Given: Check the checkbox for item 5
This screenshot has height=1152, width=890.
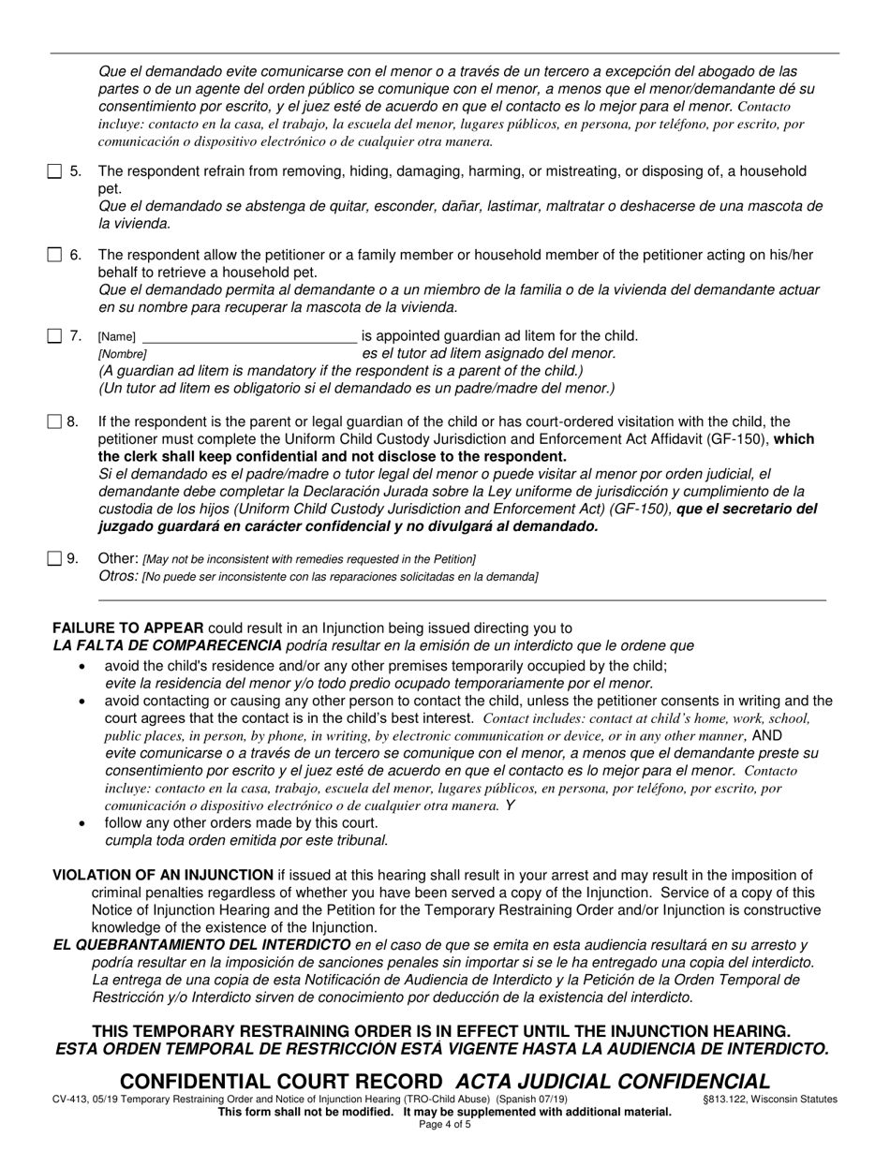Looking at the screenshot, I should click(x=54, y=171).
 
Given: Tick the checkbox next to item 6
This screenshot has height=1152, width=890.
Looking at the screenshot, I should click(x=54, y=255).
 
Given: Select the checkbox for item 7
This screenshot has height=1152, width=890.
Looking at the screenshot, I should click(x=54, y=335).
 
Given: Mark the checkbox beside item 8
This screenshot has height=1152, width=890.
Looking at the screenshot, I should click(x=54, y=422).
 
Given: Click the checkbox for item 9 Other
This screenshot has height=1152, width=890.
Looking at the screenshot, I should click(x=54, y=559).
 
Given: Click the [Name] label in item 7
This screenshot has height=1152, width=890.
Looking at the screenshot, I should click(x=117, y=337).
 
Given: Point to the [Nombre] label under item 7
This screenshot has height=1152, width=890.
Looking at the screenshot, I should click(x=122, y=355).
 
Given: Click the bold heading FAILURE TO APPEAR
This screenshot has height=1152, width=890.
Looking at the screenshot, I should click(x=128, y=628).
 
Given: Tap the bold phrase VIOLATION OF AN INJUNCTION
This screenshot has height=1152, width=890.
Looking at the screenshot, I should click(x=163, y=876).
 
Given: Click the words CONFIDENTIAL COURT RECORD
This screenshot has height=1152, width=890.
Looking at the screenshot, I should click(x=281, y=1082).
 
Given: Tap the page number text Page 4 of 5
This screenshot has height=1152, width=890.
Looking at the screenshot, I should click(x=444, y=1124).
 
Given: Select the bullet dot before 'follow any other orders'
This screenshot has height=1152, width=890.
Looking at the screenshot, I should click(x=84, y=823).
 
